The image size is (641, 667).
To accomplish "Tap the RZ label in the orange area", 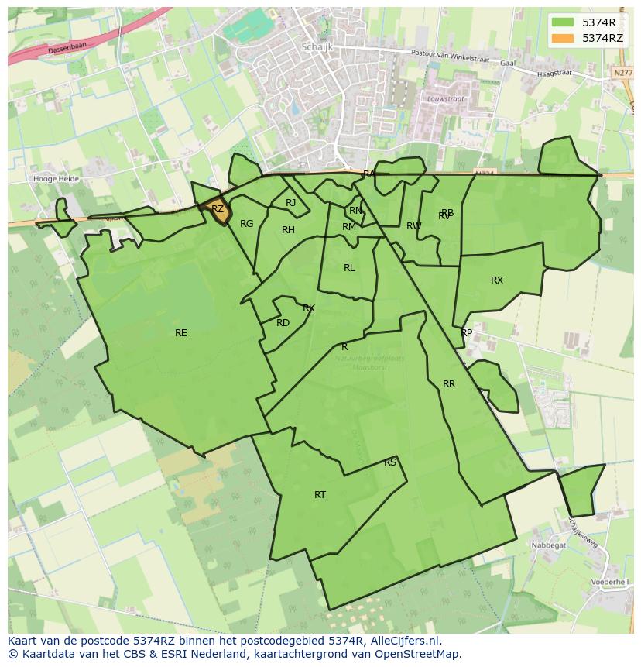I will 218,209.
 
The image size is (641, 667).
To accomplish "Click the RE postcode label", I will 181,333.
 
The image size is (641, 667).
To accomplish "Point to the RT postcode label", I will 320,494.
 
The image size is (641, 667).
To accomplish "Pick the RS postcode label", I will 390,462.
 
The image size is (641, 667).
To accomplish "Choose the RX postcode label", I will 497,280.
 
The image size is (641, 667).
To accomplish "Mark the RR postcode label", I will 449,384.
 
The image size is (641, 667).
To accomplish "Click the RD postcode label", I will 283,323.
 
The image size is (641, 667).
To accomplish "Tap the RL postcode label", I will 349,268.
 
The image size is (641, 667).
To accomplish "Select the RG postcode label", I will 246,224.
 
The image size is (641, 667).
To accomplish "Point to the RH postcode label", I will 288,230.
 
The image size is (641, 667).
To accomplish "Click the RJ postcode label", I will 290,203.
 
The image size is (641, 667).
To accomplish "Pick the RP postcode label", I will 466,333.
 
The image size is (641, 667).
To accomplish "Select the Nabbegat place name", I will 549,545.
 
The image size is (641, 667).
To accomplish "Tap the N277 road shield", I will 621,73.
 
